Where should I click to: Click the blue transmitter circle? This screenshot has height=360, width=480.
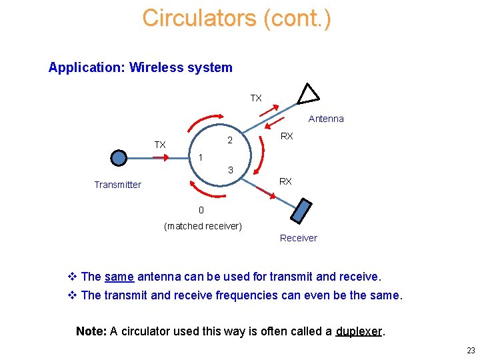click(x=119, y=158)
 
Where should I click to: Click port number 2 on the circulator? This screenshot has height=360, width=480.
click(x=229, y=141)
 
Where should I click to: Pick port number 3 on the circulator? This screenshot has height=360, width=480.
click(x=230, y=171)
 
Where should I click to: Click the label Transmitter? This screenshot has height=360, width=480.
click(x=117, y=185)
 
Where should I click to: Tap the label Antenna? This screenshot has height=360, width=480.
click(x=326, y=119)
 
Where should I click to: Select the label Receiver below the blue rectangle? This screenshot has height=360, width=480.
click(x=298, y=238)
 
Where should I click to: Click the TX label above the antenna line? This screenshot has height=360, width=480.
click(x=256, y=98)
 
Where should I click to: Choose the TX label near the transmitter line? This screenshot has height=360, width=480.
click(x=160, y=145)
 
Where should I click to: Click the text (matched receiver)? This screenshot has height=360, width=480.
click(x=203, y=226)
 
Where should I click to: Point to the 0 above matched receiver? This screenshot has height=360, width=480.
click(x=201, y=210)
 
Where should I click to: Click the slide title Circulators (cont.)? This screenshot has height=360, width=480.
click(x=236, y=18)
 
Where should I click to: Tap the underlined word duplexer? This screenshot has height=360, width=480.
click(x=359, y=331)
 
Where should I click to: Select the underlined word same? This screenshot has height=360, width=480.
click(x=119, y=277)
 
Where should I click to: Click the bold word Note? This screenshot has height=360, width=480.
click(x=91, y=331)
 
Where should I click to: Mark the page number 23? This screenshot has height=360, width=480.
click(x=471, y=351)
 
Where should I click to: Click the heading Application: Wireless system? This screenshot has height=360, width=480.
click(x=140, y=67)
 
